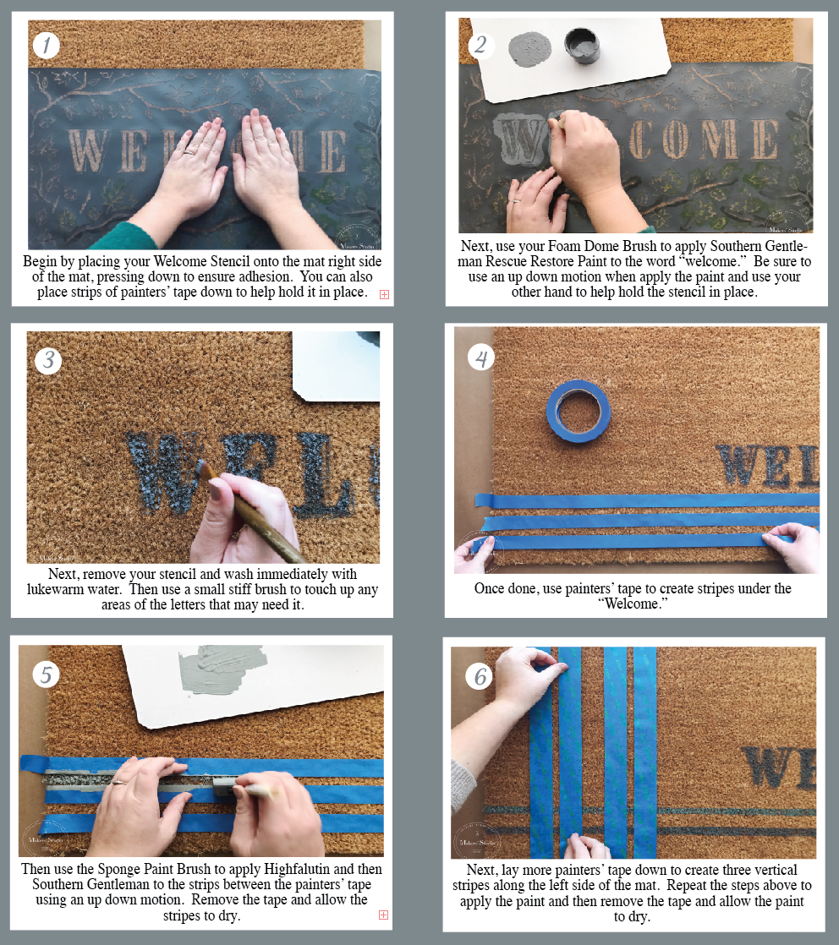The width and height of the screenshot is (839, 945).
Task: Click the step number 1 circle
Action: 46,45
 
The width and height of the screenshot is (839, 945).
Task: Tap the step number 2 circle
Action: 480,45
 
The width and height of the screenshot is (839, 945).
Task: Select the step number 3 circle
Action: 48,360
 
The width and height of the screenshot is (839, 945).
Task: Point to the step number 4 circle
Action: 481,358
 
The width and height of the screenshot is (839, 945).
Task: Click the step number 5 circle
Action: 46,675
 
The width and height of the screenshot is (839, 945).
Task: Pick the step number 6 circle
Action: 480,677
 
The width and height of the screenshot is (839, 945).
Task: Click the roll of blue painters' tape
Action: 579,411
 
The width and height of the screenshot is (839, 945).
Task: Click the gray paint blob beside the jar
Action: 530,49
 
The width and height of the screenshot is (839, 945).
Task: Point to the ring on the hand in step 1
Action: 189,152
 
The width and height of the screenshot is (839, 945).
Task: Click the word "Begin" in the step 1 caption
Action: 40,261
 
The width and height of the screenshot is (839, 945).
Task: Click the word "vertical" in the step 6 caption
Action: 775,870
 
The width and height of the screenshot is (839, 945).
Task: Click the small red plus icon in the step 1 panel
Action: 384,294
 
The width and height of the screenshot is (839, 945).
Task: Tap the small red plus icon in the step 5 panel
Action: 383,915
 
